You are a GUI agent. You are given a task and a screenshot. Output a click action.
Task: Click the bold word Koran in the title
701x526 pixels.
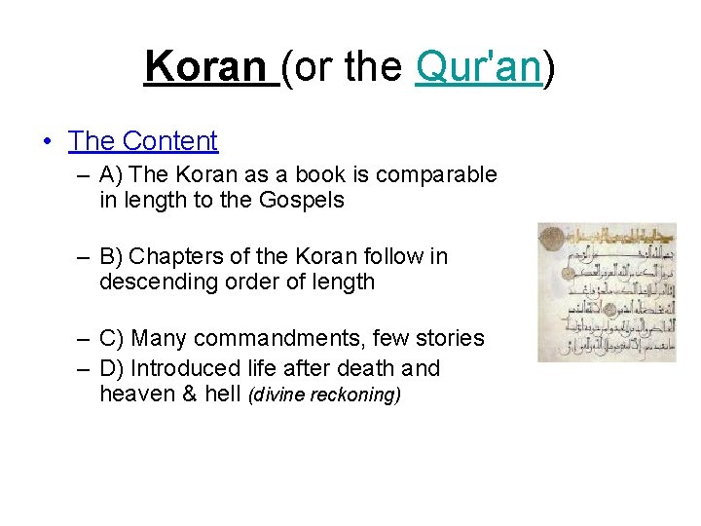pos(205,66)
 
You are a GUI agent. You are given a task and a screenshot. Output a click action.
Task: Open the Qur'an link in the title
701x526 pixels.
pos(477,66)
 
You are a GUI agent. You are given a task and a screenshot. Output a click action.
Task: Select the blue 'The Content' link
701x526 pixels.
pos(143,141)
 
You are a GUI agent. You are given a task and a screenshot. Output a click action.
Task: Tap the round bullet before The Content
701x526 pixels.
pos(47,142)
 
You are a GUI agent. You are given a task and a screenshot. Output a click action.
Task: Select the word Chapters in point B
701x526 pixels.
pos(169,256)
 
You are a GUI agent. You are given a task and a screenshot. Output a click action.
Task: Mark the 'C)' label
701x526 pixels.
pos(110,338)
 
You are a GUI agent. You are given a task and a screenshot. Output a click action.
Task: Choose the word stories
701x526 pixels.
pos(447,338)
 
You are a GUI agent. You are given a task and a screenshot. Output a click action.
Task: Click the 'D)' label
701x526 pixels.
pos(111,368)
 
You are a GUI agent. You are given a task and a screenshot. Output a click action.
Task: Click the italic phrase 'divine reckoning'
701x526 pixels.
pos(325,395)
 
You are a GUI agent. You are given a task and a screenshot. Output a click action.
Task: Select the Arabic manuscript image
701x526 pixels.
pos(606,292)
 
